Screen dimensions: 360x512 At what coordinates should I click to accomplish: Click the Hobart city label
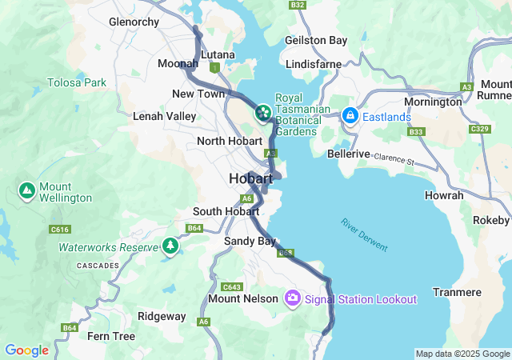pos(250,178)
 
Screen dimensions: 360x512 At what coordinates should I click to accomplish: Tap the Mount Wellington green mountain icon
pos(26,191)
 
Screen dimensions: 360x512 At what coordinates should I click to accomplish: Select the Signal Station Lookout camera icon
pos(293,298)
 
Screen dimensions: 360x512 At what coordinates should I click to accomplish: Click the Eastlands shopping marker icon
pos(350,116)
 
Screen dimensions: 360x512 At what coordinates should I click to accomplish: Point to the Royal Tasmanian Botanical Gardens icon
pos(262,114)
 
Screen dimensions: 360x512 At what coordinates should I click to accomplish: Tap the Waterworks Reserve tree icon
pos(169,246)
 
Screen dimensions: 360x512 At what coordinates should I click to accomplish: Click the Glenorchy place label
pos(134,22)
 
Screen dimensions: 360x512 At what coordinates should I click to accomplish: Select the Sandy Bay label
pos(250,240)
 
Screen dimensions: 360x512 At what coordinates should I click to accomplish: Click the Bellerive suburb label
pos(349,154)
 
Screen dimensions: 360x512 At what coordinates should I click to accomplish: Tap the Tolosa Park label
pos(76,82)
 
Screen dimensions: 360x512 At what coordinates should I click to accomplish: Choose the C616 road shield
pos(60,230)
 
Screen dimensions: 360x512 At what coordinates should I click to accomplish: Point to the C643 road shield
pos(232,286)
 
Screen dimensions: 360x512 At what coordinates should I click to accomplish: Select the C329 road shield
pos(479,129)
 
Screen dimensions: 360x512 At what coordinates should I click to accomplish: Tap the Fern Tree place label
pos(111,335)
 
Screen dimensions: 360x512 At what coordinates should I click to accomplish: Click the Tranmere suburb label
pos(457,292)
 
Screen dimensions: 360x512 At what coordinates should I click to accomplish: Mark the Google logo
pos(26,350)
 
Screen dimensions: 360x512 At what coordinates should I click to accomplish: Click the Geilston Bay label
pos(316,40)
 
